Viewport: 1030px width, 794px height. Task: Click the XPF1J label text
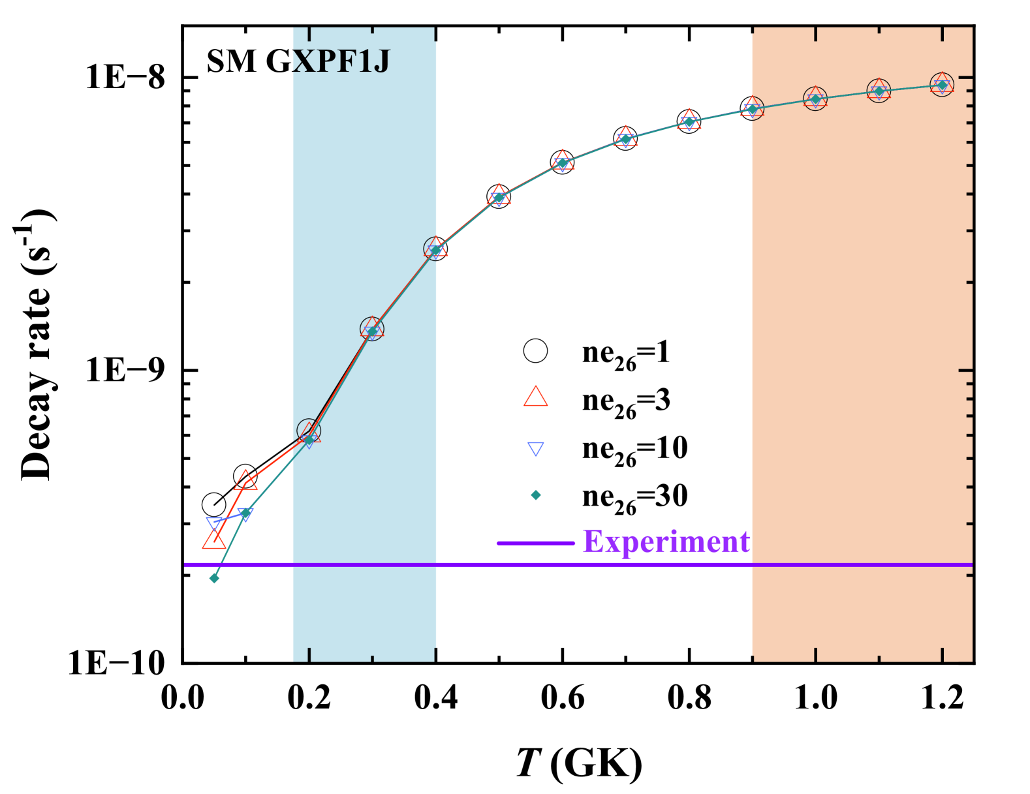tap(341, 62)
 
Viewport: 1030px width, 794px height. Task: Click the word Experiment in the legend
tap(666, 542)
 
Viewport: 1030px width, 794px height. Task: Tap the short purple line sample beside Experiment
tap(535, 543)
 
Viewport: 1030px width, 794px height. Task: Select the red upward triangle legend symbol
tap(535, 397)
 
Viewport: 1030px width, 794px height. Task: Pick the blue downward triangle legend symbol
tap(535, 449)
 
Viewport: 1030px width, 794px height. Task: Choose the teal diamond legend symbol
tap(535, 495)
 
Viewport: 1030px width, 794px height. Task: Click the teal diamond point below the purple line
tap(214, 578)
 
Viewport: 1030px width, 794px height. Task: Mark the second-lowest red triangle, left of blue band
tap(246, 481)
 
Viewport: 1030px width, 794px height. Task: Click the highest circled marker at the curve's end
tap(941, 84)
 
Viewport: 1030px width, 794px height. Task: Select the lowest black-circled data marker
tap(309, 431)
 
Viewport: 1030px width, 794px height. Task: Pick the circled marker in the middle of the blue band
tap(372, 329)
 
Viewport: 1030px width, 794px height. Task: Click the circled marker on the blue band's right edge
tap(435, 249)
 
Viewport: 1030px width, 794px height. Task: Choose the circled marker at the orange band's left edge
tap(753, 109)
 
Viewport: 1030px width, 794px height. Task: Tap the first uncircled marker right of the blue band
tap(499, 196)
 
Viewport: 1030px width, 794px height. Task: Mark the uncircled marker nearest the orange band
tap(689, 121)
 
